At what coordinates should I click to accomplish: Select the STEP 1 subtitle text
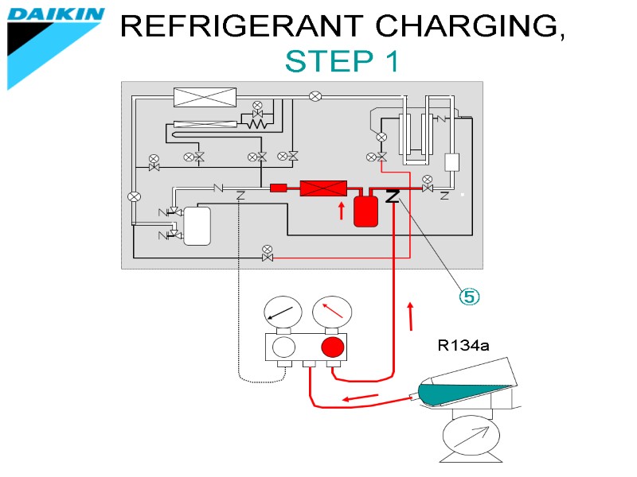tap(342, 61)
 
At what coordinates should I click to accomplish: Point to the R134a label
tap(463, 345)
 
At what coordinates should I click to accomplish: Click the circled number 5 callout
tap(469, 297)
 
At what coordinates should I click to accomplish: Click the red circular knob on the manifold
tap(332, 347)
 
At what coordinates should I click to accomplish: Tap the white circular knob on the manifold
tap(283, 347)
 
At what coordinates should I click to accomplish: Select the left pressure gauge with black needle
tap(284, 313)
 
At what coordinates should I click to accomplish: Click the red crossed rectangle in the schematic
tap(322, 188)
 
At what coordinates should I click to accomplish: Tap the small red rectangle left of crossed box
tap(278, 188)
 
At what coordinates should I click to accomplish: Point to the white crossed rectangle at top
tap(205, 97)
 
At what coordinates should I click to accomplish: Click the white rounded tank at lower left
tap(197, 226)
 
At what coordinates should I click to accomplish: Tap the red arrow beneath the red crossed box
tap(342, 211)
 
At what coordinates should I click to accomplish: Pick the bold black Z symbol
tap(392, 196)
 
